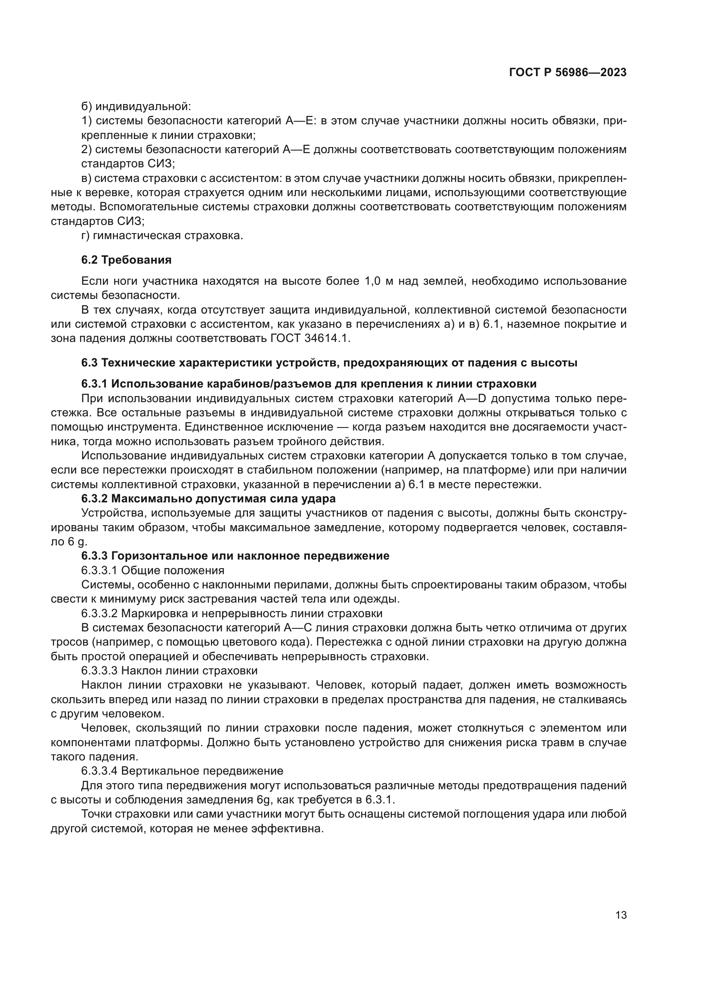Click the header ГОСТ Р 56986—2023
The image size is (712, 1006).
(567, 73)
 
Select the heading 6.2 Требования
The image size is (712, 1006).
(126, 260)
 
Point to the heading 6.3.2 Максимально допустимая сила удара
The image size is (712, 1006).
(208, 498)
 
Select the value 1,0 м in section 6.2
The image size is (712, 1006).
(379, 281)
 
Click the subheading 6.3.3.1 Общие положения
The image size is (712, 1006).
(152, 570)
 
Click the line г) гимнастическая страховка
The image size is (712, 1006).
(162, 236)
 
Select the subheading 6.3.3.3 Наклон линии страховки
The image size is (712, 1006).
(169, 671)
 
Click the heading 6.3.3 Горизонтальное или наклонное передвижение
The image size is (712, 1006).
(235, 556)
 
